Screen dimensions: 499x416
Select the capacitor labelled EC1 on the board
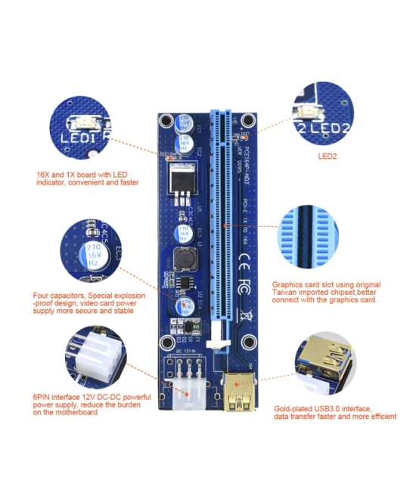pos(183,124)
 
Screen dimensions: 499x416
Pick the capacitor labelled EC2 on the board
pos(184,144)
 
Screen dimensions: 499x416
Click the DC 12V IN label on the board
pos(186,351)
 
